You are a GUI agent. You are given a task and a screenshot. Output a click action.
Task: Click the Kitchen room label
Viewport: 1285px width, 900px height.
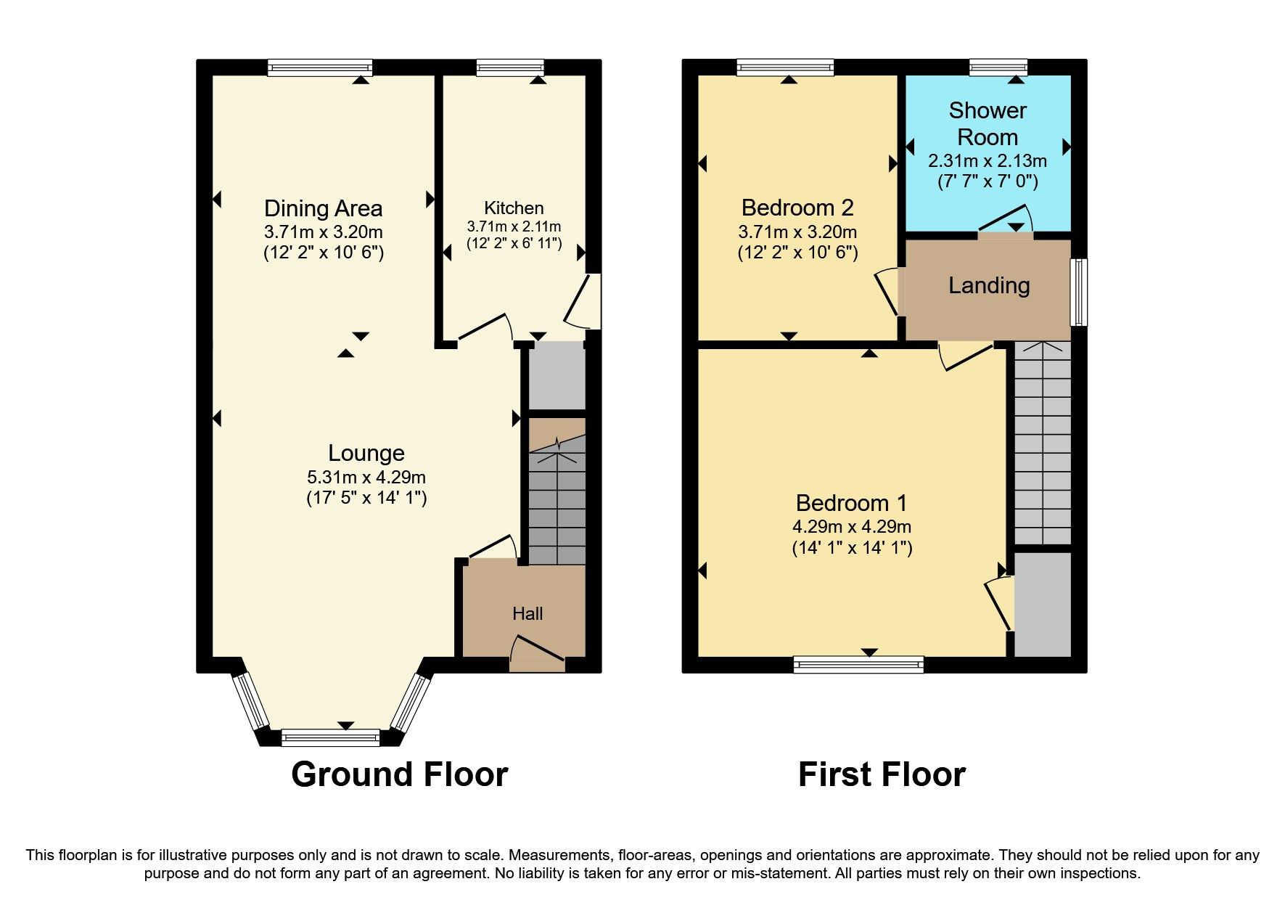pos(514,208)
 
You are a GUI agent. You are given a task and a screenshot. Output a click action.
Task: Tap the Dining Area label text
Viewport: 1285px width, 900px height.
pos(323,209)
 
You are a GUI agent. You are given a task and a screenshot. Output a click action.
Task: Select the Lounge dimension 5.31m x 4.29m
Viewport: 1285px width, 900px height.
pos(366,478)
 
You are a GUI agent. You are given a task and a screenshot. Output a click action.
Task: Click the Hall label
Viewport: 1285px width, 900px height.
pos(527,614)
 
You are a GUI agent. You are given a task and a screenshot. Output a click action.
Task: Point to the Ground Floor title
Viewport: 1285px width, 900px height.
pos(399,774)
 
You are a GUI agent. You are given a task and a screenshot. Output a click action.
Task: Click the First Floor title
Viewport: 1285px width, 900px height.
pos(882,774)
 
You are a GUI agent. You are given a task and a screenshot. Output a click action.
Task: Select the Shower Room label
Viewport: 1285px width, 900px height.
pos(988,123)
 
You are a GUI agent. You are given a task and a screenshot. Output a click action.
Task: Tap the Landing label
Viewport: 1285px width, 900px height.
pos(989,285)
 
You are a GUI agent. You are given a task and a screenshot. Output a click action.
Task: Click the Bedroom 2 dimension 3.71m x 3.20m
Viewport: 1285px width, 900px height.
pos(797,232)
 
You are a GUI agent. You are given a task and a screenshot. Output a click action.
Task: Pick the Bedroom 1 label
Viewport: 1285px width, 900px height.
pos(851,503)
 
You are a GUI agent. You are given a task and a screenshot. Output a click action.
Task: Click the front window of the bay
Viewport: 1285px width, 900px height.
pos(330,738)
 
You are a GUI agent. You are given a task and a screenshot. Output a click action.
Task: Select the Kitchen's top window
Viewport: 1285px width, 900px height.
pos(510,67)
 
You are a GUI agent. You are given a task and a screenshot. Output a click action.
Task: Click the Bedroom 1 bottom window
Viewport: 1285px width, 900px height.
pos(858,664)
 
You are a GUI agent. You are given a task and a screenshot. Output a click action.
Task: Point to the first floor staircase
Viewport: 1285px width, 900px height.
pos(1042,443)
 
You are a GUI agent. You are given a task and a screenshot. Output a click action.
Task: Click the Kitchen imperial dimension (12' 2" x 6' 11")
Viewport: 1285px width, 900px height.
pos(514,244)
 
